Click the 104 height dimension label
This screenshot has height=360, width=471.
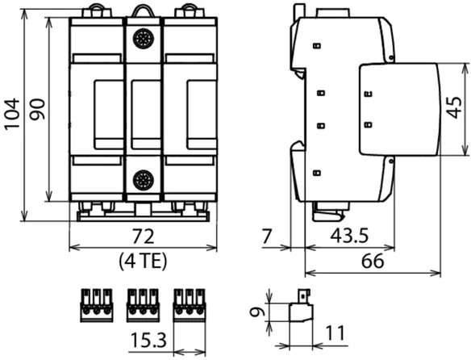(x=12, y=115)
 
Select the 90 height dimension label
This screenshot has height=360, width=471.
(x=38, y=109)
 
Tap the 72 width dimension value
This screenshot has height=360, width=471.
(x=144, y=237)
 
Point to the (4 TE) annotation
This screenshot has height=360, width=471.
(x=143, y=262)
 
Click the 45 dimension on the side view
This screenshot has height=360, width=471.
(x=454, y=107)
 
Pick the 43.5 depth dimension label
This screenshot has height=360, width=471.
(x=349, y=236)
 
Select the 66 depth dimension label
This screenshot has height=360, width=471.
(x=373, y=261)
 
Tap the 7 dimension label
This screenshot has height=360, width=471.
(x=267, y=237)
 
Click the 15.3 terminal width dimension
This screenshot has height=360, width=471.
(x=148, y=341)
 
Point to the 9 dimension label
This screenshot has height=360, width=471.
(x=257, y=312)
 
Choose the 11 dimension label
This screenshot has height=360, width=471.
(x=336, y=333)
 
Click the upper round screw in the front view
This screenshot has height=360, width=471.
(x=144, y=39)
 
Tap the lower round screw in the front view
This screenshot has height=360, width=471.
(x=144, y=180)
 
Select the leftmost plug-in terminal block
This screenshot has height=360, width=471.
(x=97, y=305)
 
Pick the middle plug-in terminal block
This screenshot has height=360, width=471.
(x=143, y=305)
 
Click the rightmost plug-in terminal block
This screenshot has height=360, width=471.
(x=190, y=305)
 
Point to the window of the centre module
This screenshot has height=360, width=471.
(x=146, y=115)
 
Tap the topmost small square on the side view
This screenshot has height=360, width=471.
(x=317, y=46)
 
